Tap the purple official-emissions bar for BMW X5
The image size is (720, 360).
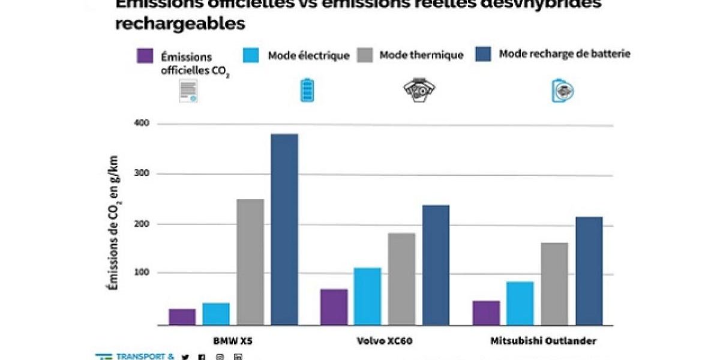[182, 317]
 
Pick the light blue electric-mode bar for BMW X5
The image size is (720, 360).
[215, 314]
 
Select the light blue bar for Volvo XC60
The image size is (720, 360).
[367, 296]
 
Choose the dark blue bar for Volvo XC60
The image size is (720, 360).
[436, 265]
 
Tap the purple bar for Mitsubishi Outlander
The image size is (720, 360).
[486, 313]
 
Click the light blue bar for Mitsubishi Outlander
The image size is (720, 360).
[520, 303]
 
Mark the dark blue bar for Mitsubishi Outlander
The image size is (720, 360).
[588, 271]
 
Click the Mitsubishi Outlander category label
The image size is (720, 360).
[544, 341]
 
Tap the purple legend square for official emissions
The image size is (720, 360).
[145, 55]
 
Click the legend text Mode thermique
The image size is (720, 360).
[421, 55]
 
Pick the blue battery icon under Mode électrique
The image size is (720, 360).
[307, 90]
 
